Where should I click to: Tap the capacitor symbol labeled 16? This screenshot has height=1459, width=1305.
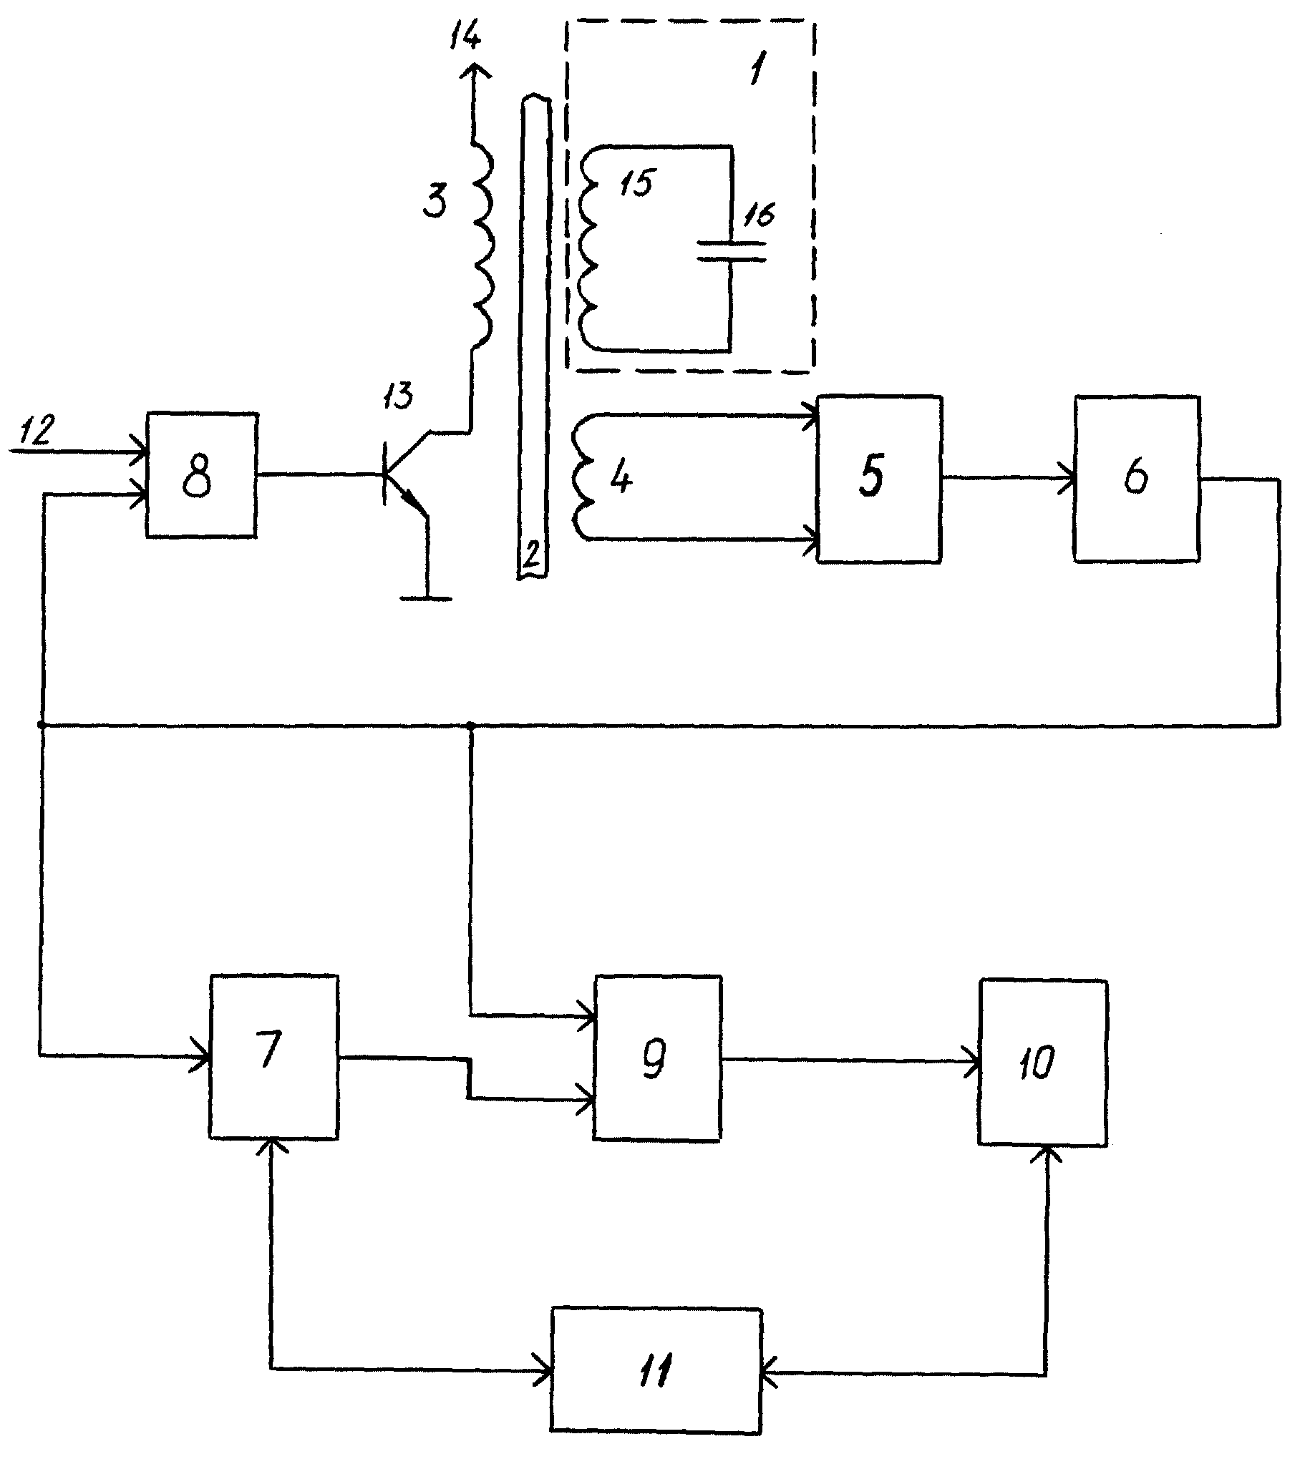[732, 250]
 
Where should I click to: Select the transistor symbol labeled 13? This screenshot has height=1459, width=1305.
[406, 473]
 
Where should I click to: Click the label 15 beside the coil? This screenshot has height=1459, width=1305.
[636, 182]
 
